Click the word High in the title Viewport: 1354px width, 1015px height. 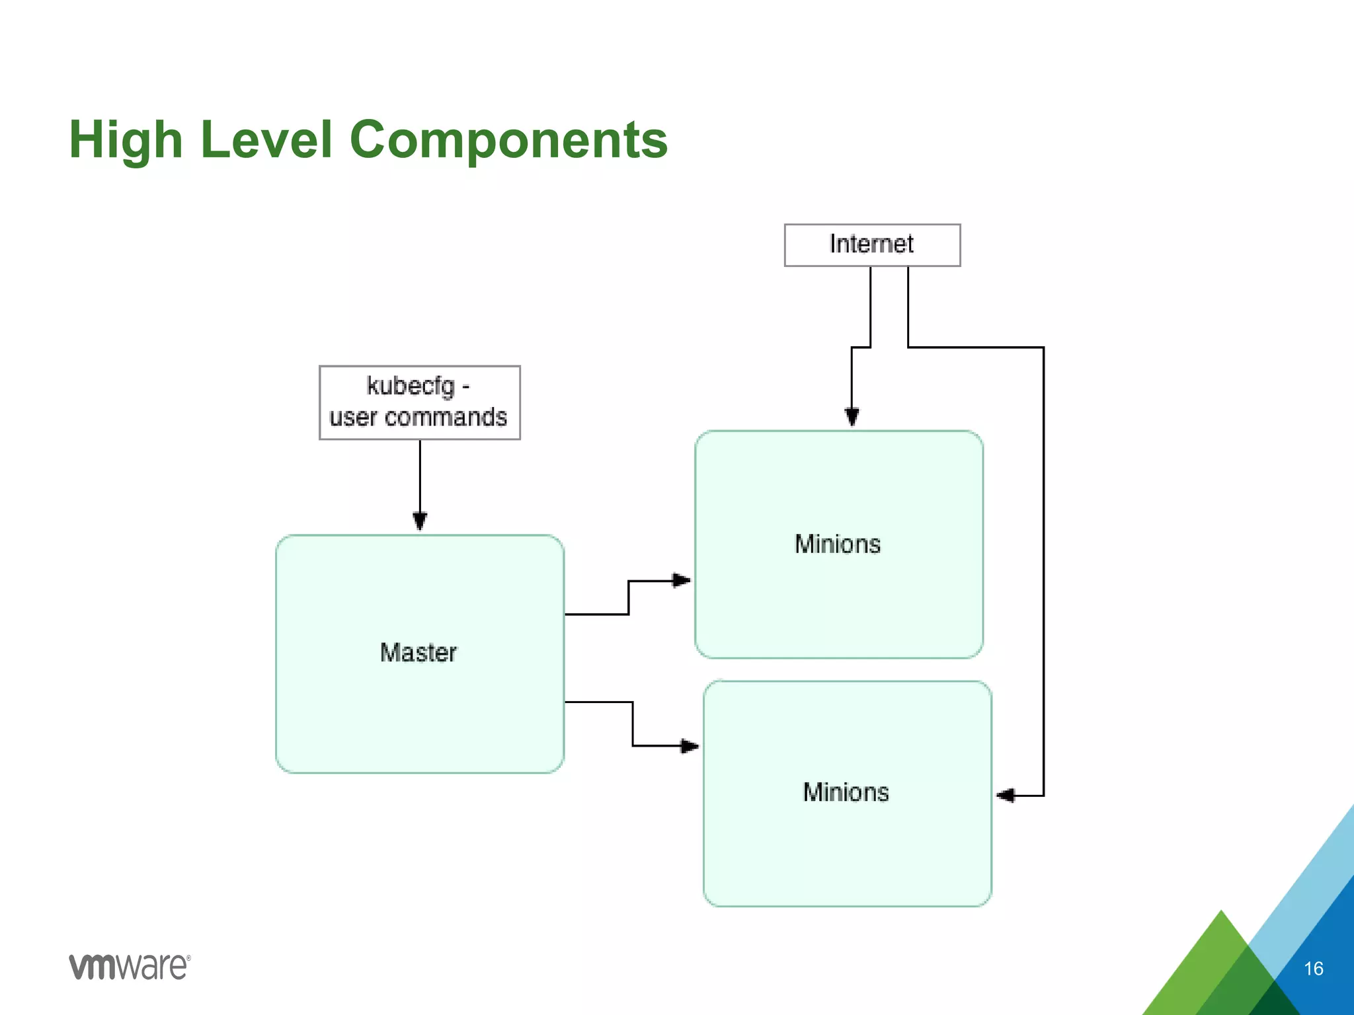[126, 140]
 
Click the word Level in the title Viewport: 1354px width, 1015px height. [266, 140]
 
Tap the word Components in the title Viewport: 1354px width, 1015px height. [508, 140]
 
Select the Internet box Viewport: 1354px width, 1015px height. [871, 245]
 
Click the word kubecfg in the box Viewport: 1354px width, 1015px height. [411, 386]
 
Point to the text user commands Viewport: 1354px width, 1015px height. [418, 418]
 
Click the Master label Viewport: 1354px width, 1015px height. [418, 653]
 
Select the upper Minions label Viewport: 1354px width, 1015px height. [838, 545]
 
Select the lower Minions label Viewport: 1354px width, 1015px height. [846, 792]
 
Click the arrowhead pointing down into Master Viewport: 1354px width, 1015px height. [420, 521]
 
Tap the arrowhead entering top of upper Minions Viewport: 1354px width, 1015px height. [852, 418]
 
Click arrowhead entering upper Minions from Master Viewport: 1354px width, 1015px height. [682, 581]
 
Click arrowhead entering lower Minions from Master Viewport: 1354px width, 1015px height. [690, 746]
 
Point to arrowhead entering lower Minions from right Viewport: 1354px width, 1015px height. [1006, 796]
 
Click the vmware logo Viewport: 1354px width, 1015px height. [130, 967]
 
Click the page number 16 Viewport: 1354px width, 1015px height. [1313, 969]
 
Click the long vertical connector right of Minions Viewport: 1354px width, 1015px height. [1043, 568]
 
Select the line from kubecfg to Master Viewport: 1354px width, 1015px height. [420, 476]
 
